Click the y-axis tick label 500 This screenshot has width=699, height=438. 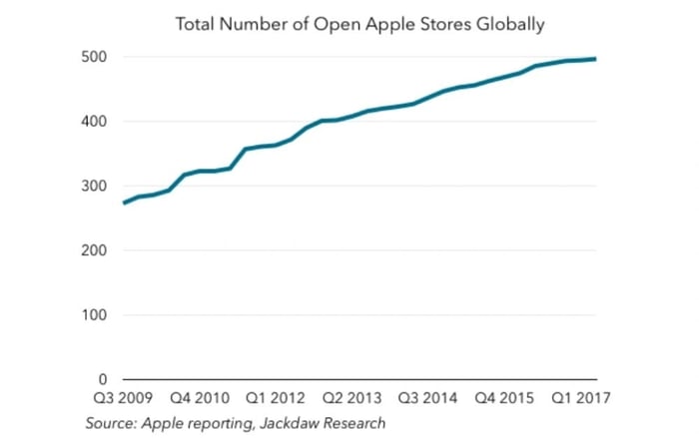93,57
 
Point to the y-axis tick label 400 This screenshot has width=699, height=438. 93,122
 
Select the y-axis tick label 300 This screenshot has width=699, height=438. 93,187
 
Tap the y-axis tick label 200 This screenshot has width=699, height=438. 93,250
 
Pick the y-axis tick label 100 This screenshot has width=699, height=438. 93,315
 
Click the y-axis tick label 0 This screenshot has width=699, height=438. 101,380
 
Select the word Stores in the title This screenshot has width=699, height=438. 431,22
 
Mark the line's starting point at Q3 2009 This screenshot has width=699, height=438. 123,204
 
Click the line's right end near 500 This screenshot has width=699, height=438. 597,59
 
